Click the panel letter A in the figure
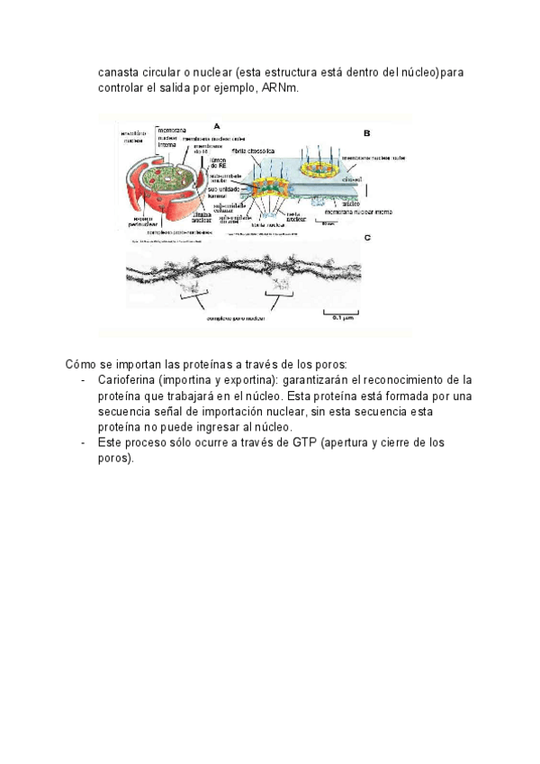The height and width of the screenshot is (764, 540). click(x=217, y=126)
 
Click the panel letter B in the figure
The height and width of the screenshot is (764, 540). click(x=366, y=132)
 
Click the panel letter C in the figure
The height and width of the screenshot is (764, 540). click(x=366, y=238)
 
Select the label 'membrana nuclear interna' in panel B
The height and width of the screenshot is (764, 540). click(x=360, y=213)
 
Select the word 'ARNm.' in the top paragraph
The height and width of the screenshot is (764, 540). click(x=277, y=88)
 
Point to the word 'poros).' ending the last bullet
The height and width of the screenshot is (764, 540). click(x=116, y=459)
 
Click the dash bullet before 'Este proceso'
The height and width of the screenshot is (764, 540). click(x=84, y=443)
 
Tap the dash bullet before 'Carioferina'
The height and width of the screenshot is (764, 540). click(x=84, y=380)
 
